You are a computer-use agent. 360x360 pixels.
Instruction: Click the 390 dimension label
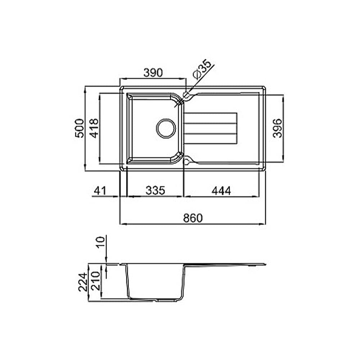point(153,73)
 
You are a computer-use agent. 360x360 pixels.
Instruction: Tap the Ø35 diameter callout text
point(202,69)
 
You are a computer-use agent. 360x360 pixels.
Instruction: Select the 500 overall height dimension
point(80,128)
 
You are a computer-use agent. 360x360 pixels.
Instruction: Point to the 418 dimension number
point(94,128)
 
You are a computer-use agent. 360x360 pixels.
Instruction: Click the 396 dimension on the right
point(277,128)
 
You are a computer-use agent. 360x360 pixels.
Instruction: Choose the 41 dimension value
point(100,190)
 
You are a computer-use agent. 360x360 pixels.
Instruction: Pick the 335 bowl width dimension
point(156,190)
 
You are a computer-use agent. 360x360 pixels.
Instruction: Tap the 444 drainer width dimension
point(221,190)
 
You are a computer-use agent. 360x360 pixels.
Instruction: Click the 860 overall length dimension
point(193,218)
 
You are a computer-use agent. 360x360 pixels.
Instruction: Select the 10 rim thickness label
point(100,242)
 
